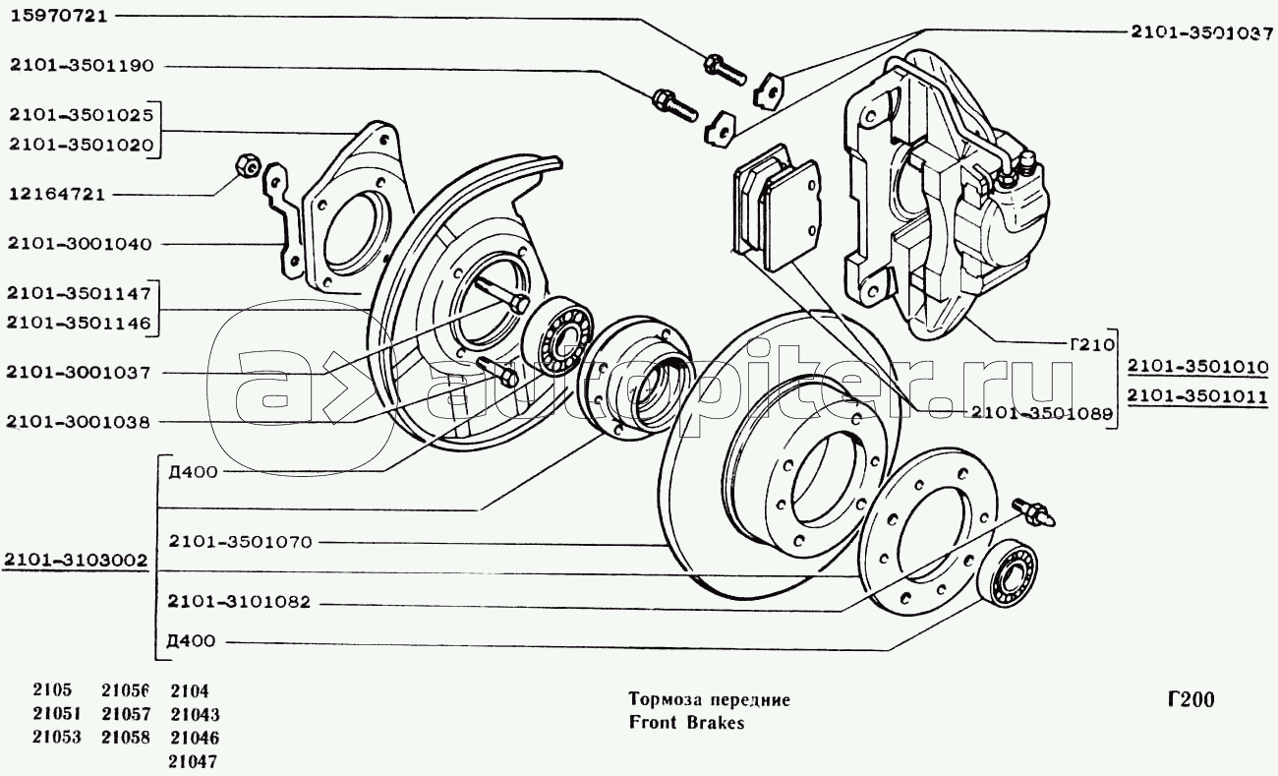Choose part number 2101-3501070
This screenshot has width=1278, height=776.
pyautogui.click(x=239, y=542)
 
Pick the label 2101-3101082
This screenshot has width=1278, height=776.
pyautogui.click(x=239, y=602)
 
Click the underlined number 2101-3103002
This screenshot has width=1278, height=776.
pyautogui.click(x=77, y=562)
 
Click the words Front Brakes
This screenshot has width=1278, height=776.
pyautogui.click(x=687, y=723)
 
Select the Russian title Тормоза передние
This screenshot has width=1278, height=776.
pyautogui.click(x=709, y=700)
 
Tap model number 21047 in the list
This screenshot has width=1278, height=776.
pyautogui.click(x=195, y=761)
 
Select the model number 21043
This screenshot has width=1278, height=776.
pyautogui.click(x=195, y=715)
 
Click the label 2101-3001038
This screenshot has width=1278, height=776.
pyautogui.click(x=78, y=423)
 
